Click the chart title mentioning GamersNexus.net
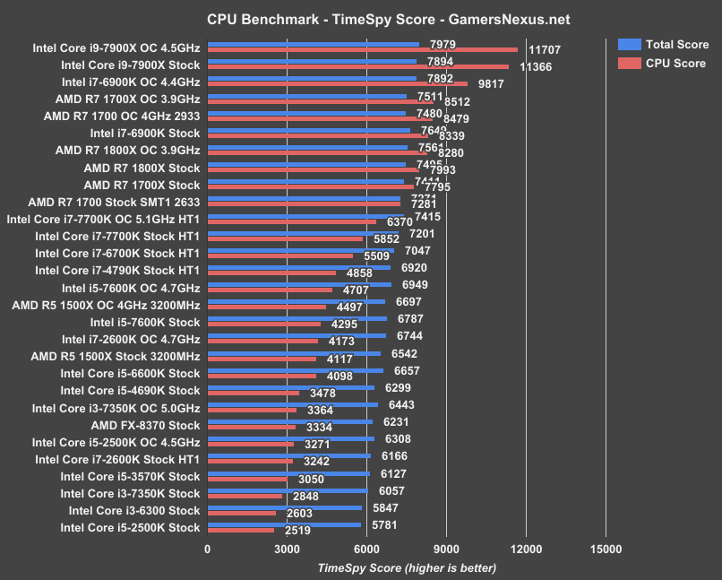(361, 18)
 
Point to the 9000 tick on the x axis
(446, 550)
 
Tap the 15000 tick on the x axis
(606, 550)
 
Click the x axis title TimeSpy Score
(406, 567)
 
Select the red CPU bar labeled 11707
(362, 49)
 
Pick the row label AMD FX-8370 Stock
(145, 425)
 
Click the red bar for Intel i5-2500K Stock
(241, 531)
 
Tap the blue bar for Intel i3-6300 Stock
(285, 507)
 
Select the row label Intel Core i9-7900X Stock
(130, 65)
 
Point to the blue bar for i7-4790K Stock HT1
(299, 267)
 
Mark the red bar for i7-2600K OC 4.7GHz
(262, 341)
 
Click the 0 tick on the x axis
(208, 550)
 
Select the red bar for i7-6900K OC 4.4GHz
(338, 83)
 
